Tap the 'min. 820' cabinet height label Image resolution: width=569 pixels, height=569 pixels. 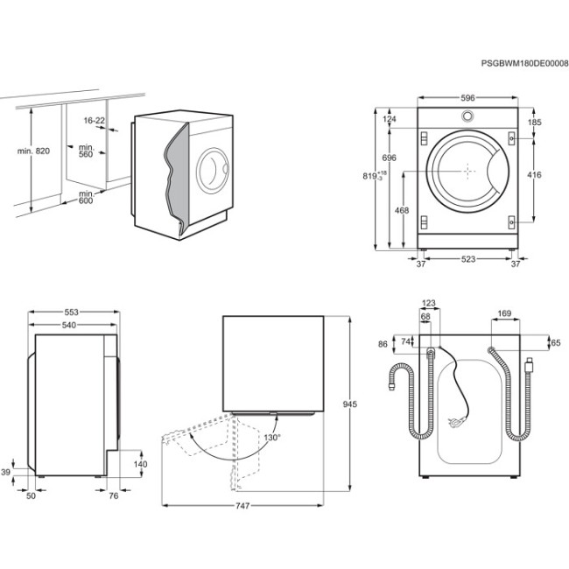[x=33, y=151]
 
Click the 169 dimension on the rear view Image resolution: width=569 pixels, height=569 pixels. [x=504, y=312]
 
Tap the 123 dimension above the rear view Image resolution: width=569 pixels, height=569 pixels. [x=428, y=304]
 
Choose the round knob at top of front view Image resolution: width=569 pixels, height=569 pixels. [x=467, y=117]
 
